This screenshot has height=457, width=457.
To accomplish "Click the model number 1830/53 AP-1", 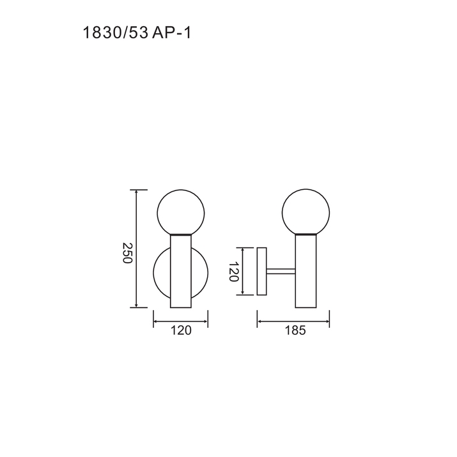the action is point(137,33).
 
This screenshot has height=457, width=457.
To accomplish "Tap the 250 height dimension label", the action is point(127,252).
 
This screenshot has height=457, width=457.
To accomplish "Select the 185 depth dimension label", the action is point(295,330).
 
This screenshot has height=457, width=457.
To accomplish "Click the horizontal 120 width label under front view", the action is point(181,330).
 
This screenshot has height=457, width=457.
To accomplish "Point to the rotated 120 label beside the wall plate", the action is point(233,272).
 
